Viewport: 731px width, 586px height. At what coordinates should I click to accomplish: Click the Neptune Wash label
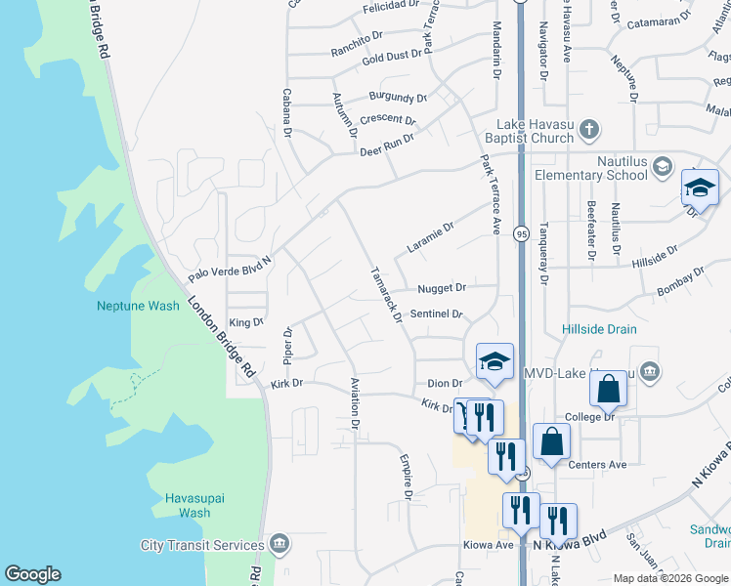point(138,306)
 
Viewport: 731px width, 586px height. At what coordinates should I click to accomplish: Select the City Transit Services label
point(202,545)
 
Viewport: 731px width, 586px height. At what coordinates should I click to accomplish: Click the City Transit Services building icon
point(279,544)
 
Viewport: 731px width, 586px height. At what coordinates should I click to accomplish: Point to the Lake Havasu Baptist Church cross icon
point(588,128)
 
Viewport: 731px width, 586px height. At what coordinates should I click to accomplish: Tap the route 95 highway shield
point(521,233)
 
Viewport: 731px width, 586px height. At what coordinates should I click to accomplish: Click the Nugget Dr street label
point(441,288)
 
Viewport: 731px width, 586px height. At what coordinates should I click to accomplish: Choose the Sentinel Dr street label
point(435,314)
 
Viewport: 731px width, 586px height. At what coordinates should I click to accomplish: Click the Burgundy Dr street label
point(398,98)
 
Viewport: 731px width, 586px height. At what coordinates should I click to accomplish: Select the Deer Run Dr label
point(386,145)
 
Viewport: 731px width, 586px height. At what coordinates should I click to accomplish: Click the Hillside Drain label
point(599,330)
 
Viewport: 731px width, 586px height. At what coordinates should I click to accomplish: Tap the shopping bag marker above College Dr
point(608,389)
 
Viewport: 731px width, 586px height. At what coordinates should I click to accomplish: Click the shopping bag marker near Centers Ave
point(551,440)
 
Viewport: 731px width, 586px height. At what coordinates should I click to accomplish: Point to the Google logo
point(32,574)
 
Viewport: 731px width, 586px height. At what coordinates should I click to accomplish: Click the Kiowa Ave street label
point(490,545)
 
